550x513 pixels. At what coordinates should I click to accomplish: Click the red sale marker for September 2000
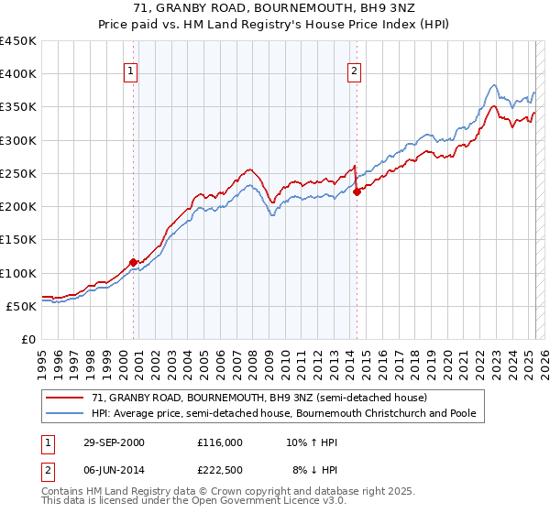134,263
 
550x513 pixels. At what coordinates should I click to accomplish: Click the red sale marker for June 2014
357,191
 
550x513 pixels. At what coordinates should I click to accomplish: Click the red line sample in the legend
67,398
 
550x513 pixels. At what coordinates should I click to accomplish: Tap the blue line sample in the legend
67,414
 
